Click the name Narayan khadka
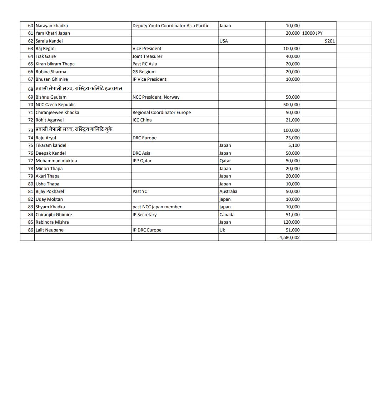click(x=51, y=26)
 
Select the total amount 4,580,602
click(x=289, y=238)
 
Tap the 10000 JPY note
click(x=312, y=33)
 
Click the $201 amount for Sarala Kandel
click(x=329, y=41)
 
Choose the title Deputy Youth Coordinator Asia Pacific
click(x=170, y=26)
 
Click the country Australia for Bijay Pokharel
click(x=228, y=191)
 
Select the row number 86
click(x=30, y=230)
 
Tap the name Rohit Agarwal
click(x=49, y=120)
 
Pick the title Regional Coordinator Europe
click(x=161, y=113)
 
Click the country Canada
click(x=227, y=215)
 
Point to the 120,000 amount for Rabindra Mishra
click(x=291, y=222)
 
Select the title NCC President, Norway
click(x=156, y=97)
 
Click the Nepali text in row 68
click(x=79, y=88)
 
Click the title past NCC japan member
click(x=157, y=207)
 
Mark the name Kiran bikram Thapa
click(x=55, y=64)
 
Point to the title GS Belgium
click(x=144, y=72)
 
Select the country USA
click(x=223, y=41)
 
